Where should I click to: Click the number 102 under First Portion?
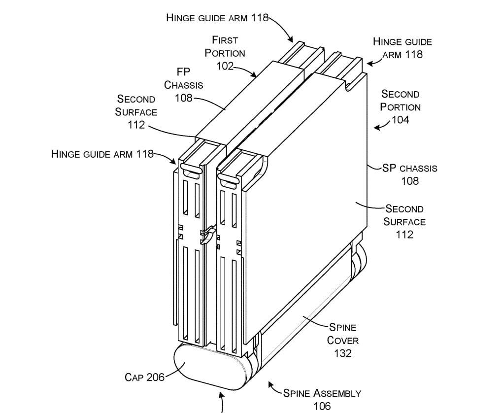click(x=225, y=66)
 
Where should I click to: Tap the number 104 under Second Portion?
click(x=400, y=120)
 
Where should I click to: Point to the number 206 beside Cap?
click(x=155, y=378)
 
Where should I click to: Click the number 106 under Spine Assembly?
click(x=322, y=406)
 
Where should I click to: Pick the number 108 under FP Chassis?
click(x=183, y=98)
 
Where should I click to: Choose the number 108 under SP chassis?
click(x=409, y=181)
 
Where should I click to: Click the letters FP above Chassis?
click(x=183, y=72)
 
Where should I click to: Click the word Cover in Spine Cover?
click(x=343, y=340)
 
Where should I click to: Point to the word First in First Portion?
click(x=225, y=39)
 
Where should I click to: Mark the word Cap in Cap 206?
click(x=134, y=378)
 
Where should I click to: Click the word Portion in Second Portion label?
click(x=400, y=107)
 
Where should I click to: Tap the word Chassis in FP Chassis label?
click(x=183, y=85)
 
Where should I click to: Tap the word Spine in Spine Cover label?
click(x=343, y=327)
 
